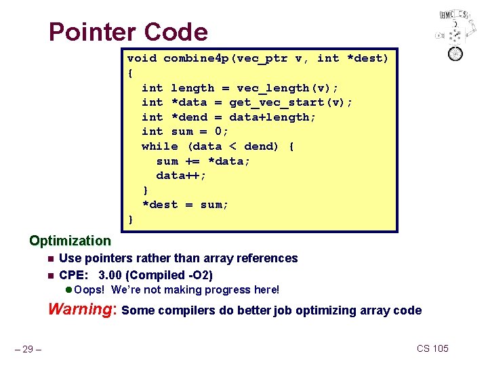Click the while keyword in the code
(x=160, y=146)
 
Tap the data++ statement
(x=182, y=176)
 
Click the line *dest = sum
(x=185, y=205)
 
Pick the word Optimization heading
(x=70, y=241)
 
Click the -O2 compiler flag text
(x=200, y=275)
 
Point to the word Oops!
(x=90, y=290)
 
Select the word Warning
(x=81, y=310)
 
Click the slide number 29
(x=29, y=349)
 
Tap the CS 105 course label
(x=432, y=348)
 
